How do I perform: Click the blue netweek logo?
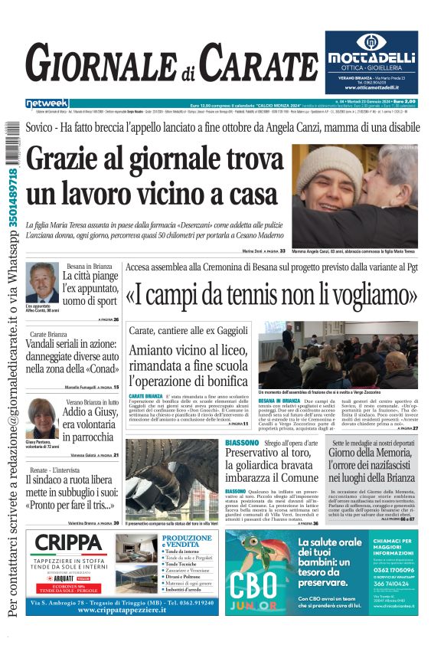(47, 103)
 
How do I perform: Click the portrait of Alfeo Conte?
(42, 283)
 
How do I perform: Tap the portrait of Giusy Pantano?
(41, 418)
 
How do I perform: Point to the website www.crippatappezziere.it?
(124, 611)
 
